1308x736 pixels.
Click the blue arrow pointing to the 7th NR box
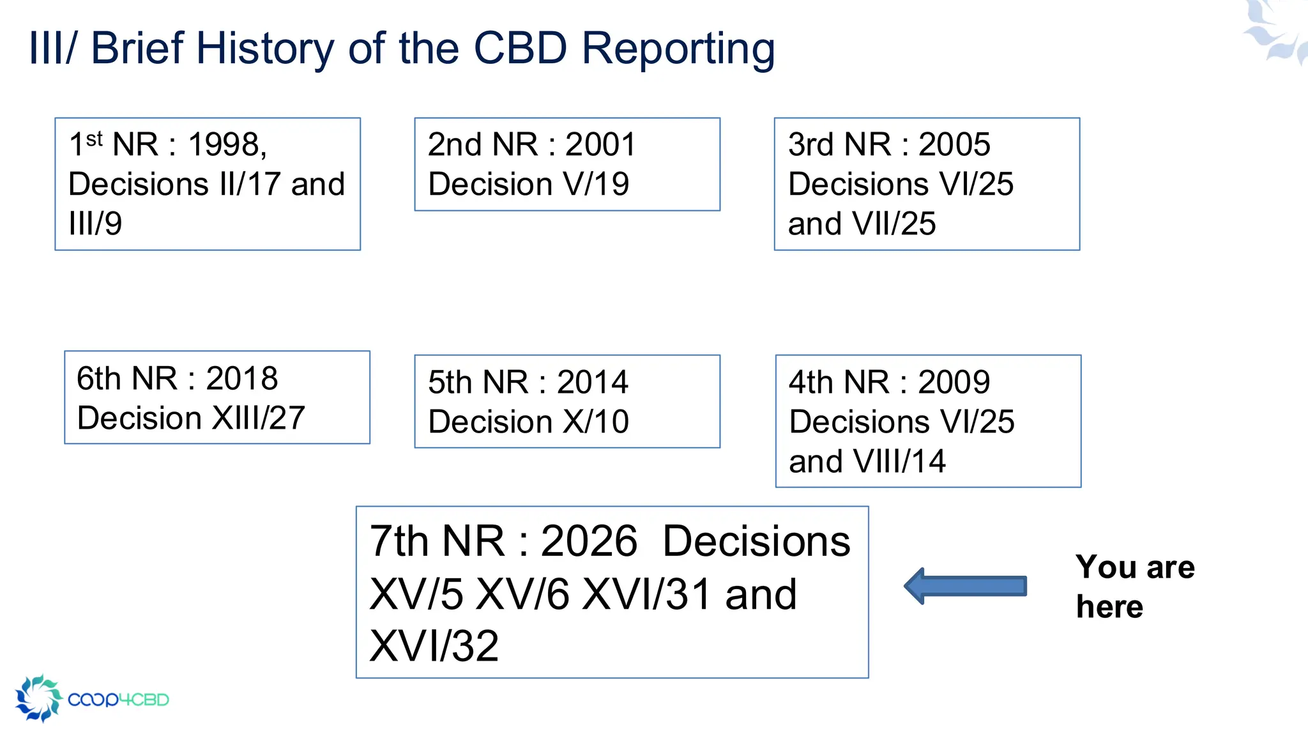[x=966, y=586]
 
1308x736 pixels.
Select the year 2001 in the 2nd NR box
[x=600, y=144]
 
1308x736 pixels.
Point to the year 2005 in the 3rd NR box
[x=954, y=144]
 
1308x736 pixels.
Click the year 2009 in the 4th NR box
[x=954, y=382]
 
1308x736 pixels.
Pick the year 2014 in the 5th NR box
[x=592, y=382]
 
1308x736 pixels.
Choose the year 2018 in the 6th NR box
[x=241, y=378]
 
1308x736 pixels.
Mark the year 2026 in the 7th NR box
[x=589, y=541]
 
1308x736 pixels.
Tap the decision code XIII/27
[x=258, y=418]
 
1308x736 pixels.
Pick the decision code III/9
[x=95, y=224]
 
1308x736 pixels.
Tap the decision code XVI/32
[x=434, y=646]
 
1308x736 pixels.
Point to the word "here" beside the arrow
[x=1109, y=606]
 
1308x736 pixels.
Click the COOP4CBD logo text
[x=118, y=700]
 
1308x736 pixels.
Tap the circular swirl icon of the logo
[x=38, y=698]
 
